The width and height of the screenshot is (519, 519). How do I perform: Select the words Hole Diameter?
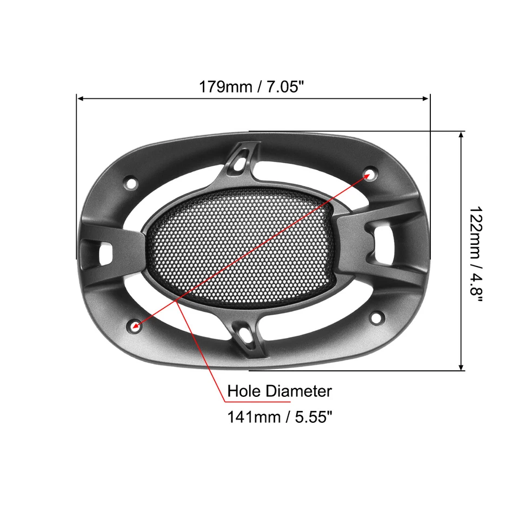(279, 391)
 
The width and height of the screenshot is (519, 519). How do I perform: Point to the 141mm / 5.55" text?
(279, 417)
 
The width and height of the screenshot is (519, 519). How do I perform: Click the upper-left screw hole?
(130, 183)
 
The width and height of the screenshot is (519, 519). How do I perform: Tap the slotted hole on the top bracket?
(241, 159)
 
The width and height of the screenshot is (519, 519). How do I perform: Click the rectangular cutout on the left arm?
(104, 251)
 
